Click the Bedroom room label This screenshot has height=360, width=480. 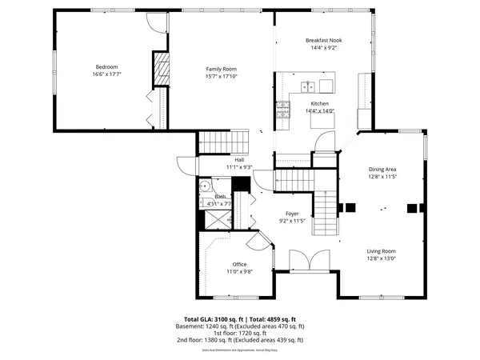click(x=106, y=66)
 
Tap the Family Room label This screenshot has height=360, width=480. click(x=221, y=69)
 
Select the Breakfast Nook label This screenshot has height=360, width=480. click(x=323, y=40)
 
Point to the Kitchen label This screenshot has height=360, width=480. click(x=319, y=104)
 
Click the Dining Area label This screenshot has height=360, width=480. click(x=382, y=169)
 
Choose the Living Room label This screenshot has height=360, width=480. click(x=382, y=250)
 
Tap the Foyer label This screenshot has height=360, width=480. click(x=293, y=214)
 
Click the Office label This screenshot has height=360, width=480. click(x=239, y=264)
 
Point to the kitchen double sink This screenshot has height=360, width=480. click(x=306, y=86)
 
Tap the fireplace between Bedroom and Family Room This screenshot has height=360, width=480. click(x=161, y=70)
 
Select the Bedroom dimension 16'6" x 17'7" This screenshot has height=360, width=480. click(x=106, y=74)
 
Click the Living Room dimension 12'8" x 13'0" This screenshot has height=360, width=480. click(x=382, y=258)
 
